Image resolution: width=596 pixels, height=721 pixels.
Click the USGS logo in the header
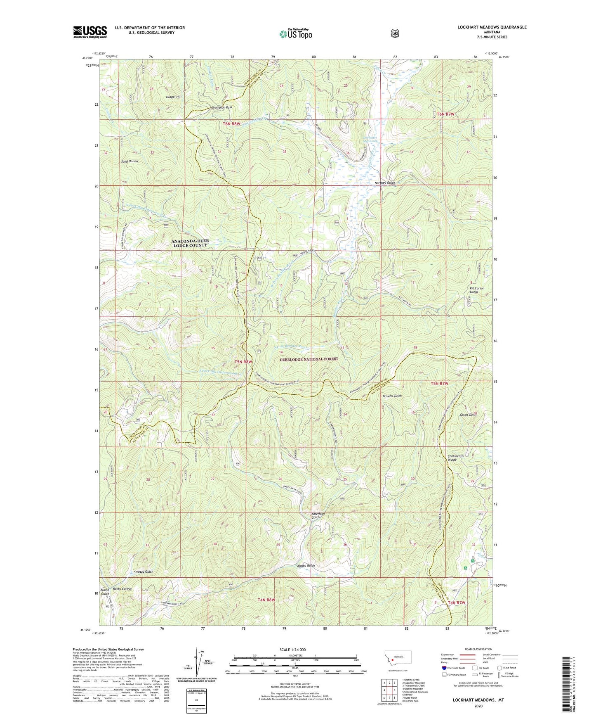tap(90, 32)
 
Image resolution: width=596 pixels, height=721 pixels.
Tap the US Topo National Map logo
tap(295, 33)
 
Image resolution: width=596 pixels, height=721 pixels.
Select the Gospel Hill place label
tap(174, 97)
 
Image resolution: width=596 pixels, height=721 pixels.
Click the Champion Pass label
tap(221, 107)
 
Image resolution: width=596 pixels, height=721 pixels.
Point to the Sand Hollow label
tap(130, 161)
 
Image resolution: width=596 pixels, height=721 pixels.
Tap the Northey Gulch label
tap(384, 183)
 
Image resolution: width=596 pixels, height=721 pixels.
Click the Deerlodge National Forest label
tap(309, 359)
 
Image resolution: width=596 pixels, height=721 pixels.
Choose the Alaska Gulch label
tap(306, 566)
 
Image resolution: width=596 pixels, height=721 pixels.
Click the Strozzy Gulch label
tap(144, 572)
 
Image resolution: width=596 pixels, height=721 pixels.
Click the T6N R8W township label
tap(231, 123)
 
